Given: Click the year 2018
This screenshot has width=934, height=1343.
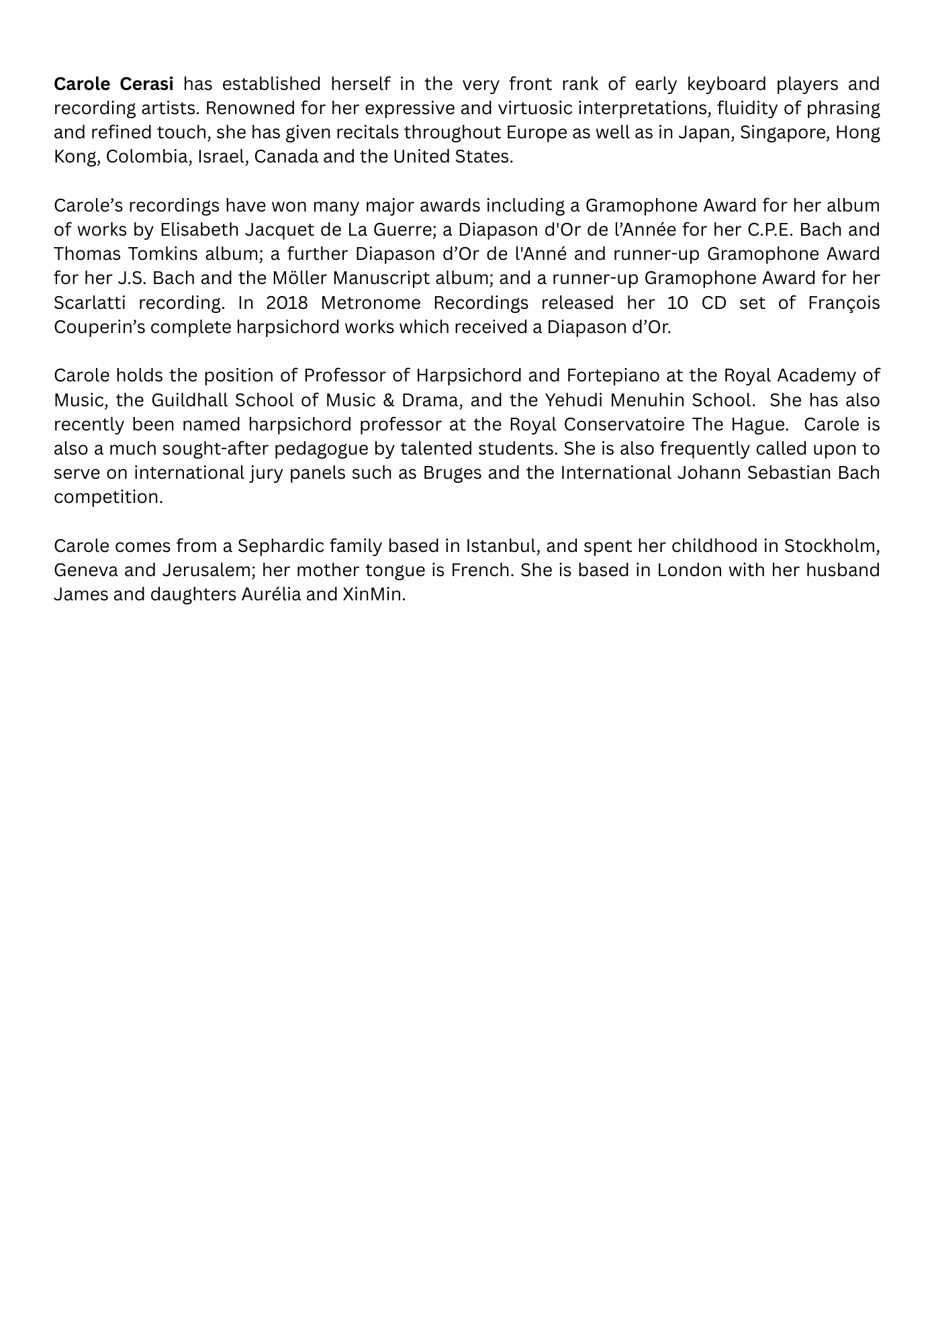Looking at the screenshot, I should pyautogui.click(x=286, y=303).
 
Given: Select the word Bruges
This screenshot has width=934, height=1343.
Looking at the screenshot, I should pyautogui.click(x=453, y=473).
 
